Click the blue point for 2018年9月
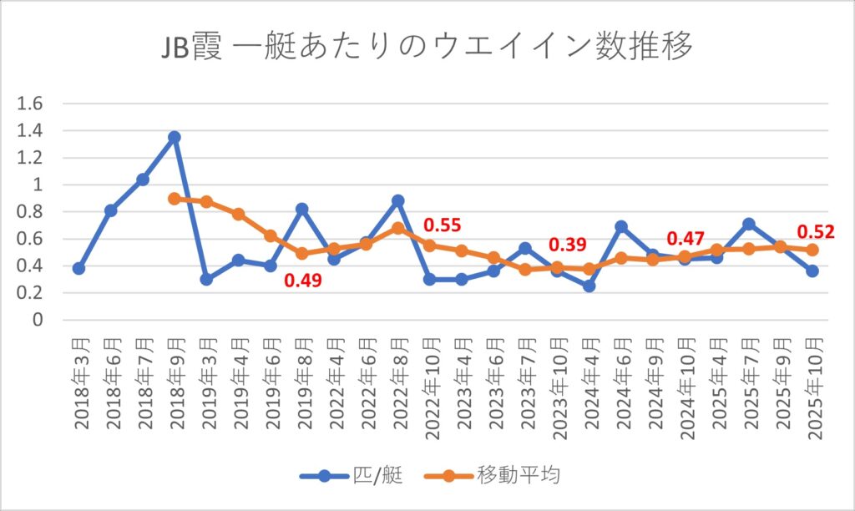175,137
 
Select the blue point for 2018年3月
78,268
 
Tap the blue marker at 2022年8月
397,200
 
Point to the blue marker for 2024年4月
589,286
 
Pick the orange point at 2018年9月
175,199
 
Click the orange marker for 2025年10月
812,250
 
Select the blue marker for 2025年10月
812,271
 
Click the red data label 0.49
305,280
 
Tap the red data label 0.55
443,225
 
